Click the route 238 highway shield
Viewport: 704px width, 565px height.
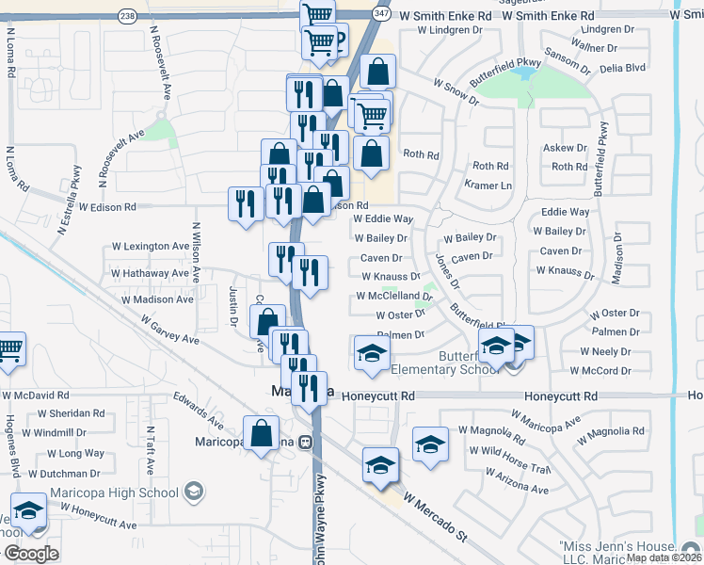[126, 16]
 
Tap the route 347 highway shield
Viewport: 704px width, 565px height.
[379, 16]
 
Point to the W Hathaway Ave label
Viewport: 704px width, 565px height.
[151, 273]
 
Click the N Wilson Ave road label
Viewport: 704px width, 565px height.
[197, 252]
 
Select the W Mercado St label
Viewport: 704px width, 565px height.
[436, 517]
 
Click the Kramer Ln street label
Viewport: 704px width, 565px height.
[488, 186]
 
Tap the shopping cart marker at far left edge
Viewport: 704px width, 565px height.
[9, 349]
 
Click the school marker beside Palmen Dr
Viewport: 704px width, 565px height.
[371, 353]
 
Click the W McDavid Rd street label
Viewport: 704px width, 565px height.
[36, 395]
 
